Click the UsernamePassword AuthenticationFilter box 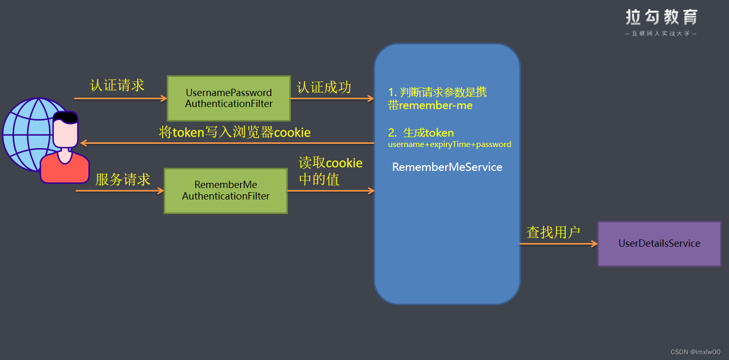229,98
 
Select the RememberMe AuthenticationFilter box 226,191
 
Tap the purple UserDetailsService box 659,244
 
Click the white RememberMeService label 447,167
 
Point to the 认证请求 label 117,85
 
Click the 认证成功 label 324,87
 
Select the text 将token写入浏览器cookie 234,132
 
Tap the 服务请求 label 123,180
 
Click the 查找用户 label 553,232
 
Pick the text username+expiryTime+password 449,144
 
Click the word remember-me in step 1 435,105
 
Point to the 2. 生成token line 421,133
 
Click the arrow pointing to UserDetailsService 559,244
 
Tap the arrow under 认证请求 120,98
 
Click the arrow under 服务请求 120,191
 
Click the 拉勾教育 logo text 661,18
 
